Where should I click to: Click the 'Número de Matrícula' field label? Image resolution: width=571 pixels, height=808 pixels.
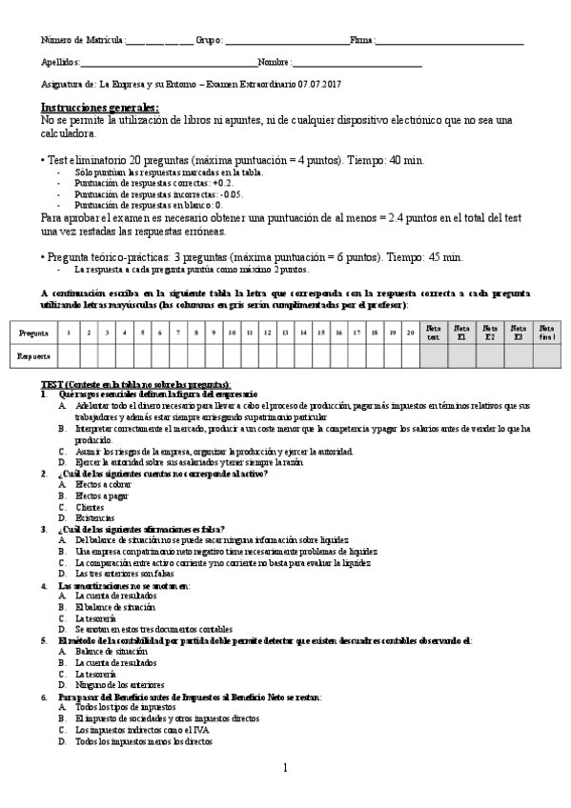click(x=82, y=40)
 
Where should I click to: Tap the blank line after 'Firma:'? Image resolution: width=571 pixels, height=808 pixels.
click(x=450, y=41)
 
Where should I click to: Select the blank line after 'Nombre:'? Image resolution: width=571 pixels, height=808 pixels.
click(x=357, y=63)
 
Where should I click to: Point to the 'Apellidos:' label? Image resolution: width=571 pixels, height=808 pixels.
click(x=60, y=63)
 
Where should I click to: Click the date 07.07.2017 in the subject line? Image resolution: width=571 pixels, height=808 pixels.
click(x=318, y=85)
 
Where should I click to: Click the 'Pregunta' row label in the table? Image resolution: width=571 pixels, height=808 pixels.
click(x=34, y=333)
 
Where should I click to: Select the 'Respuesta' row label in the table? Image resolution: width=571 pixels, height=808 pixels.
click(x=34, y=355)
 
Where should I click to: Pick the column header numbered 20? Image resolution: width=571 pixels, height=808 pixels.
click(x=409, y=333)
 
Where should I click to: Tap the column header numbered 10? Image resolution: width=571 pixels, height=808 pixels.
click(x=231, y=333)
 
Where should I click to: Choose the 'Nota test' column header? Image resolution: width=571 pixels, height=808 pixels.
click(x=434, y=333)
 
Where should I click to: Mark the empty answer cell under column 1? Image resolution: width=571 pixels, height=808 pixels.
click(x=70, y=355)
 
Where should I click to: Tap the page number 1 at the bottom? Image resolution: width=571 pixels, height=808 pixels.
click(x=285, y=768)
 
